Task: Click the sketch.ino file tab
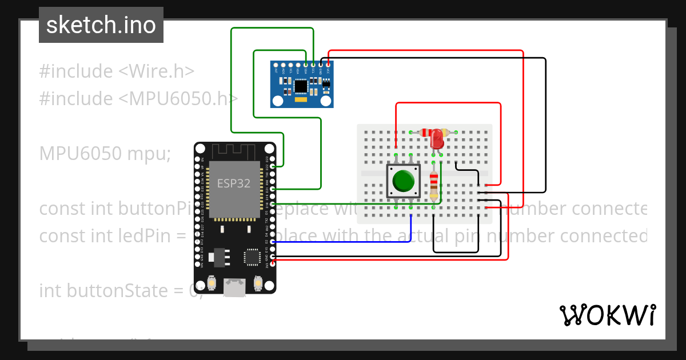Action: (x=101, y=25)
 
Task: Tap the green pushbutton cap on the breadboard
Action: (x=404, y=181)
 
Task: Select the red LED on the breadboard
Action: (x=437, y=138)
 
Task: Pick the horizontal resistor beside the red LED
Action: (x=427, y=132)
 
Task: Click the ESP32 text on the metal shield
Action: (x=233, y=183)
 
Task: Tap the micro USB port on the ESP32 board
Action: (x=234, y=287)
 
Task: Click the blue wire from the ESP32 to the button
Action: (x=343, y=242)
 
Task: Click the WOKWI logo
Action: (x=607, y=315)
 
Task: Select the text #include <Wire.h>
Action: (x=117, y=71)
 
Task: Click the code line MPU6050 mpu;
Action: (x=105, y=153)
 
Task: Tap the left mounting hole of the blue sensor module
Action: (x=277, y=102)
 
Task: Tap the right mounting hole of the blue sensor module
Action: (x=326, y=102)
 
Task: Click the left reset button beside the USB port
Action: (x=211, y=283)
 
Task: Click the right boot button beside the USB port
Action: (x=257, y=283)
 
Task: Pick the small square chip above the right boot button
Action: (x=252, y=257)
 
